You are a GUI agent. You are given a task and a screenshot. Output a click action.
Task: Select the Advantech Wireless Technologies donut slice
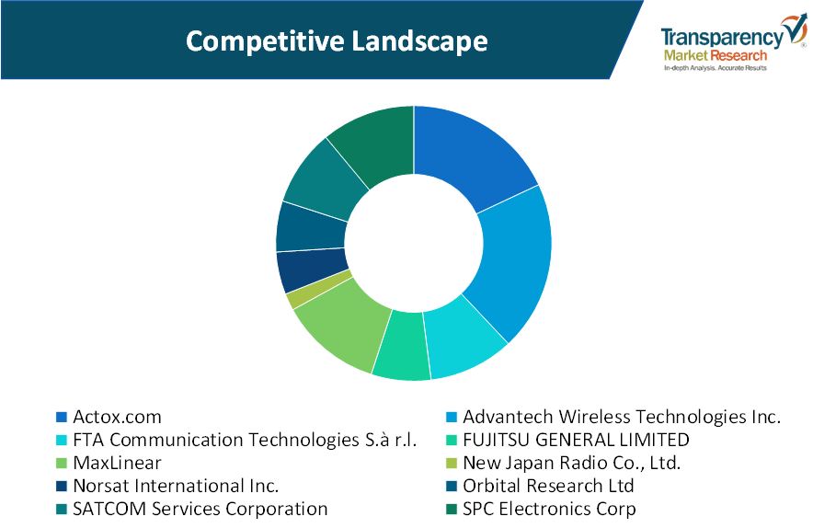pyautogui.click(x=513, y=259)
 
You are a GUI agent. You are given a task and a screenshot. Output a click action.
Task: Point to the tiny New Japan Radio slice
pyautogui.click(x=317, y=290)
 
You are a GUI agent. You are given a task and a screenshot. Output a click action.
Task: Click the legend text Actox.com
pyautogui.click(x=117, y=417)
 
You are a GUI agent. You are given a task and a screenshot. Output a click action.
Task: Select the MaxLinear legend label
pyautogui.click(x=117, y=463)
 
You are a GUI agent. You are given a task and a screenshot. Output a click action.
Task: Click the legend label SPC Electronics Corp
pyautogui.click(x=549, y=509)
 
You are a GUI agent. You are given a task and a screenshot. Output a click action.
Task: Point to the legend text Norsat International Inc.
pyautogui.click(x=176, y=486)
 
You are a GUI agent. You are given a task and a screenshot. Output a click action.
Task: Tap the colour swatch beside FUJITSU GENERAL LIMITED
pyautogui.click(x=451, y=441)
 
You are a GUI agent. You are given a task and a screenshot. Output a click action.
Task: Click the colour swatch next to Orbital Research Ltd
pyautogui.click(x=451, y=486)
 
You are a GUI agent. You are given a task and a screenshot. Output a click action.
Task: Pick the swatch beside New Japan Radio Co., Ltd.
pyautogui.click(x=451, y=464)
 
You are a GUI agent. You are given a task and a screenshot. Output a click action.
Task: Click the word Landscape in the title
pyautogui.click(x=419, y=41)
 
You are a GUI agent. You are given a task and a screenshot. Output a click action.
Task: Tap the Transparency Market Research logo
pyautogui.click(x=733, y=43)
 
